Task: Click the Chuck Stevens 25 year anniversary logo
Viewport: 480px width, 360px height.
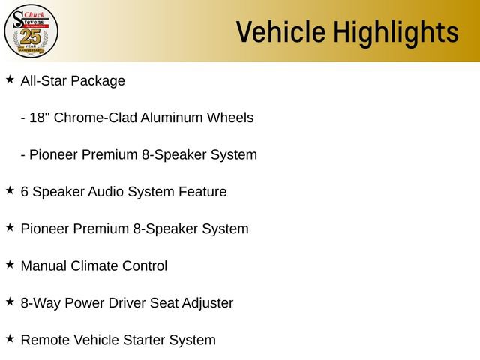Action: (31, 31)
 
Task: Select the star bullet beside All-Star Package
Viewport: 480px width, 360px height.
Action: (10, 79)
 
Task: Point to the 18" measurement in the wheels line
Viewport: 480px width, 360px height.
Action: (41, 118)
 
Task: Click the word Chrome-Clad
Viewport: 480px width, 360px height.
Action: (95, 118)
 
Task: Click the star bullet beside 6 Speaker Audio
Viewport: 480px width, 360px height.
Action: (10, 190)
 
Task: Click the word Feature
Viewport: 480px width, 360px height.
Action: (202, 192)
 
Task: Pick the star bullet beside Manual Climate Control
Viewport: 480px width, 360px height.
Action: (10, 264)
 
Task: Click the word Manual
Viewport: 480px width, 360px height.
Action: (43, 266)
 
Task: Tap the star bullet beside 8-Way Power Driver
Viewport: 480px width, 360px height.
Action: (10, 301)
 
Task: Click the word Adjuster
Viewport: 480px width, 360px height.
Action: (204, 303)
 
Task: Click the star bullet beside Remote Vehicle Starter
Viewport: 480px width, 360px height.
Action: (10, 338)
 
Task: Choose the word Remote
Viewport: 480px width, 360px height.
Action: (44, 340)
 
